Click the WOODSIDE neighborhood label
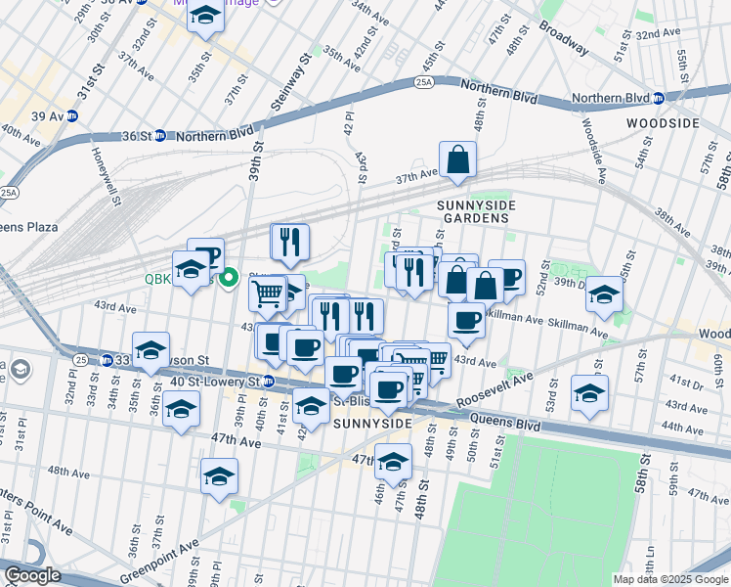[665, 122]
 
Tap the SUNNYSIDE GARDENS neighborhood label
[473, 210]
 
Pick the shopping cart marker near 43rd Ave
[268, 293]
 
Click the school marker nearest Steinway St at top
[205, 17]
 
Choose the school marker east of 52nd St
[605, 294]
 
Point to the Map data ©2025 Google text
[670, 579]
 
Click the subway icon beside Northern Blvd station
[659, 98]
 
